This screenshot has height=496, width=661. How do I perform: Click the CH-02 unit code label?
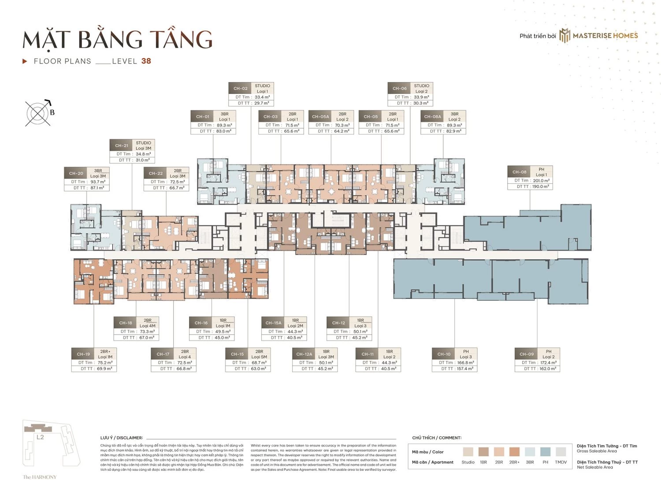(240, 88)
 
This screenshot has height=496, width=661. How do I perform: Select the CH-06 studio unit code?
(399, 88)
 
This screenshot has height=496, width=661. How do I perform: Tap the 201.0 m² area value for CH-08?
(541, 180)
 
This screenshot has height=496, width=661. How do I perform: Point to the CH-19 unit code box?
(83, 354)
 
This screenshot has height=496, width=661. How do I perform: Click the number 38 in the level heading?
(146, 61)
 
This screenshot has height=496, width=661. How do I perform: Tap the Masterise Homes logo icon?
(564, 36)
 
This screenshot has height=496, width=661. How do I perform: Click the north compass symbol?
(38, 113)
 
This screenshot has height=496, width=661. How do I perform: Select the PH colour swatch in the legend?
(545, 451)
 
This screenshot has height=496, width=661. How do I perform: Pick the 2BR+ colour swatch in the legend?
(514, 451)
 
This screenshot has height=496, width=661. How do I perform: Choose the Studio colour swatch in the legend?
(468, 451)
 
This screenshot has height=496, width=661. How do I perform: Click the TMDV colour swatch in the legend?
(561, 451)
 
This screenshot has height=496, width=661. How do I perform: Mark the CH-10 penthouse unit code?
(444, 354)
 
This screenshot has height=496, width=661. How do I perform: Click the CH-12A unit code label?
(304, 354)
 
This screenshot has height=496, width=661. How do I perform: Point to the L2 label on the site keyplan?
(40, 437)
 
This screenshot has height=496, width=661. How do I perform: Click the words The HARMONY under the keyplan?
(40, 477)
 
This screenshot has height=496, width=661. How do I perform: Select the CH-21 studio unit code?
(122, 145)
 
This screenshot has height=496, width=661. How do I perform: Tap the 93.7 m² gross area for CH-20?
(98, 182)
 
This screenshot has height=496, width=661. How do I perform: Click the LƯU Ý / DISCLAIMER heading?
(122, 438)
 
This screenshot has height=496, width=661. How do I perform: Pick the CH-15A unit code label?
(273, 323)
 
